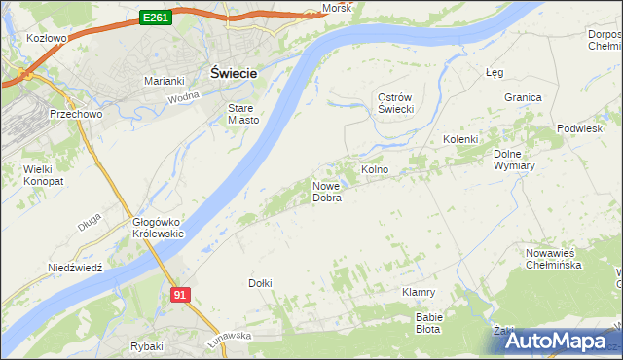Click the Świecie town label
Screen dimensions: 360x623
click(x=234, y=72)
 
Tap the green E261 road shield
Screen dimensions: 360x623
click(x=156, y=18)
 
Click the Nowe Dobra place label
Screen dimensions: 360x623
click(x=326, y=192)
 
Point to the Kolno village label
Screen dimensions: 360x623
click(x=375, y=169)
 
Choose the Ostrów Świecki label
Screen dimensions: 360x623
click(x=397, y=103)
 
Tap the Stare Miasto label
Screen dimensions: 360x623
click(x=243, y=114)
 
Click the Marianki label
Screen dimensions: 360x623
click(x=165, y=81)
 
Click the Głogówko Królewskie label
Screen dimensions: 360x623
click(x=159, y=228)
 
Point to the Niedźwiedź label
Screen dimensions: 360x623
click(x=76, y=267)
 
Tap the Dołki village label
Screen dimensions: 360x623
click(x=260, y=283)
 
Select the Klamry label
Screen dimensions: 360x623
click(x=418, y=292)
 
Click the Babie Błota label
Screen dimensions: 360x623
click(x=429, y=322)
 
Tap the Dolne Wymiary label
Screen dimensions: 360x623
click(x=515, y=160)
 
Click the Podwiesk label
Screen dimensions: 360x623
click(x=579, y=129)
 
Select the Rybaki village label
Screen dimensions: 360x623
click(x=146, y=346)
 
